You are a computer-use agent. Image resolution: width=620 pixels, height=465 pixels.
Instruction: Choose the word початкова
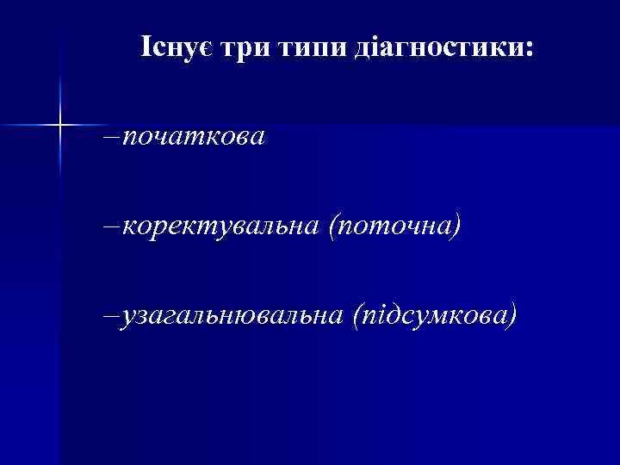pos(195,137)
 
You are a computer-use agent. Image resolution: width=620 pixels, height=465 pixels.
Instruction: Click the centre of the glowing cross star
pos(61,126)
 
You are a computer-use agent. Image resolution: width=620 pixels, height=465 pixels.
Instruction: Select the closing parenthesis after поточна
pos(457,227)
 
